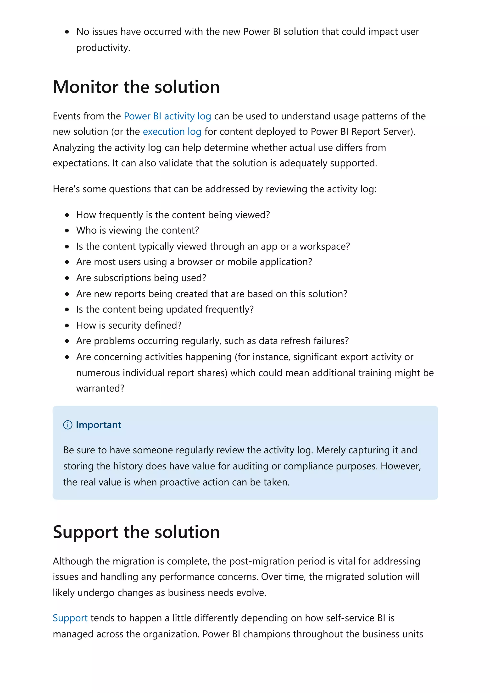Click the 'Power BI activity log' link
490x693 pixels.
pos(167,116)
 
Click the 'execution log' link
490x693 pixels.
pos(172,132)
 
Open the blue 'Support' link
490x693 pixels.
pos(70,618)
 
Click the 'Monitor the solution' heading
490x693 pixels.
pos(136,87)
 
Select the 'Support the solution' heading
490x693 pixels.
pos(136,532)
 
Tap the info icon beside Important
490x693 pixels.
pos(68,425)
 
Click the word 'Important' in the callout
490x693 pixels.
pos(98,425)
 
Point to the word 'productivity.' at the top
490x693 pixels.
pos(103,48)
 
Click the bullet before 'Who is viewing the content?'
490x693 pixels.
pos(67,231)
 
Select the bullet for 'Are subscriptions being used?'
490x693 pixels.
pos(67,278)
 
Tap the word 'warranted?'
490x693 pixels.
pos(100,388)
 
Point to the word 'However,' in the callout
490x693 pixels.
pos(401,466)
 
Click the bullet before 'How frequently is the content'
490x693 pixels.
pos(67,215)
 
